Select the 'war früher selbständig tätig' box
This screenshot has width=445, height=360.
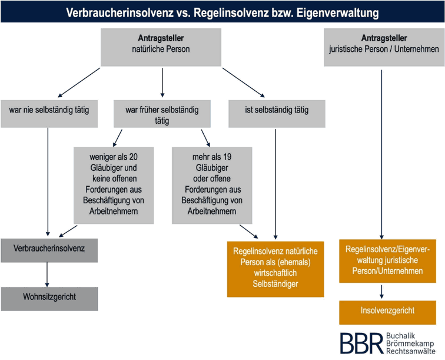(162, 114)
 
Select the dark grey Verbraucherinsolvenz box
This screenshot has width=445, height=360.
(49, 249)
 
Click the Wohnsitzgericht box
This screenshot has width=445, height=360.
(49, 297)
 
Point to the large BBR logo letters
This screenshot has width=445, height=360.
(360, 344)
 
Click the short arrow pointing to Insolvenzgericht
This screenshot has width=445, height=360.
(383, 290)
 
